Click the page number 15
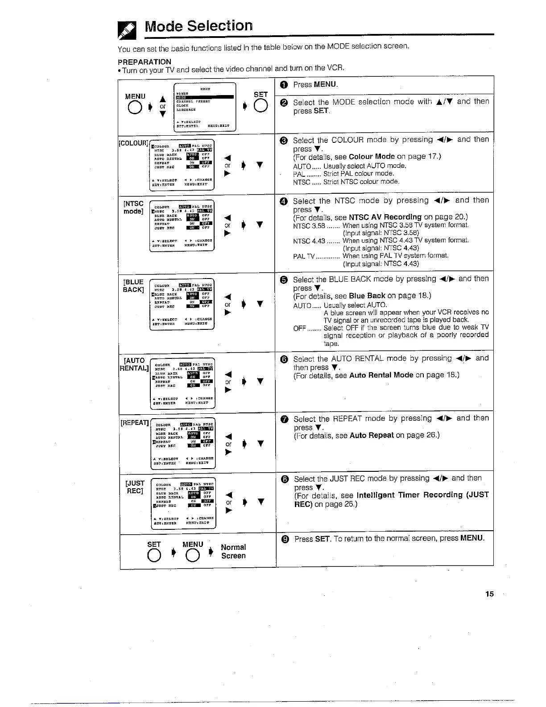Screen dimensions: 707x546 490,594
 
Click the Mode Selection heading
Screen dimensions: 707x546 199,26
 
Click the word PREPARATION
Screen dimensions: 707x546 145,62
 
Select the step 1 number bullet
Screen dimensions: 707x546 284,85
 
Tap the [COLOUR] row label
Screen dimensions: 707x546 133,143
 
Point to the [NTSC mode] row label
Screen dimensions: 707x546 134,207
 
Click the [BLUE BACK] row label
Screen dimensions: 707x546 134,286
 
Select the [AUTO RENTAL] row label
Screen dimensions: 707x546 134,364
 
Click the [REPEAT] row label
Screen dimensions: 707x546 135,422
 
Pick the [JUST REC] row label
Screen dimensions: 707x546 135,487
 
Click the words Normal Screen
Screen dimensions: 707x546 233,551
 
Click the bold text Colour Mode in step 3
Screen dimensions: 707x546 372,157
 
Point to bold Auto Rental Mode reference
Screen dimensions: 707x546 381,375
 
